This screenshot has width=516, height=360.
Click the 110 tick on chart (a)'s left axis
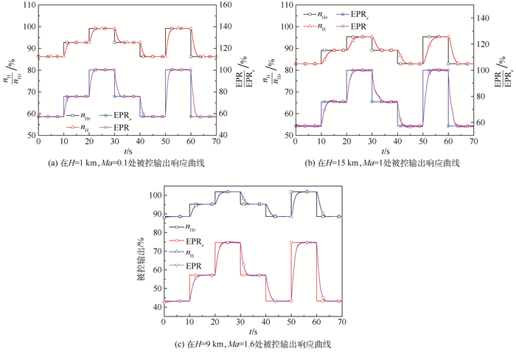pos(28,5)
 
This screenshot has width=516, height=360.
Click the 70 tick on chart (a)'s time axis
pos(213,142)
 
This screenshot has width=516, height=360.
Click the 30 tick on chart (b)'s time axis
pos(372,142)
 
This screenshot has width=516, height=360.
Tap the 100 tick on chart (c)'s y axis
pos(154,195)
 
